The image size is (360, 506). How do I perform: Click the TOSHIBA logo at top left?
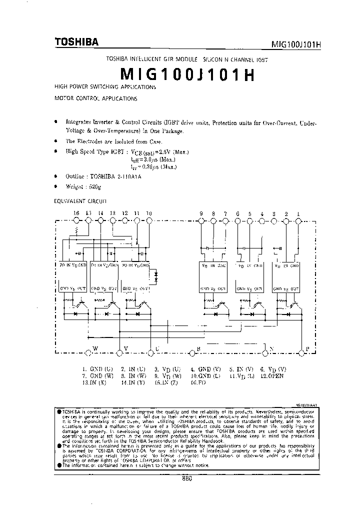pos(76,42)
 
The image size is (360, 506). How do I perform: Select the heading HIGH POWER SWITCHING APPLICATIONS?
pos(105,87)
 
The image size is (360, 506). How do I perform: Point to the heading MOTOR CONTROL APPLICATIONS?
pos(95,99)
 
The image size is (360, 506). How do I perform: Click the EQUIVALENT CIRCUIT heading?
pos(80,201)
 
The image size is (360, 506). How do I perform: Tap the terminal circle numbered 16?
pos(76,220)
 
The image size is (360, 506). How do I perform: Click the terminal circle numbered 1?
pos(298,220)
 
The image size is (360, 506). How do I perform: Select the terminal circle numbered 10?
pos(149,220)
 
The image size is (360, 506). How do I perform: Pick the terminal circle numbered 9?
pos(201,220)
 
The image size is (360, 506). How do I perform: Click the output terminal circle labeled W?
pos(89,353)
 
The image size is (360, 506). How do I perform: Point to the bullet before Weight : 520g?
pos(55,186)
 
